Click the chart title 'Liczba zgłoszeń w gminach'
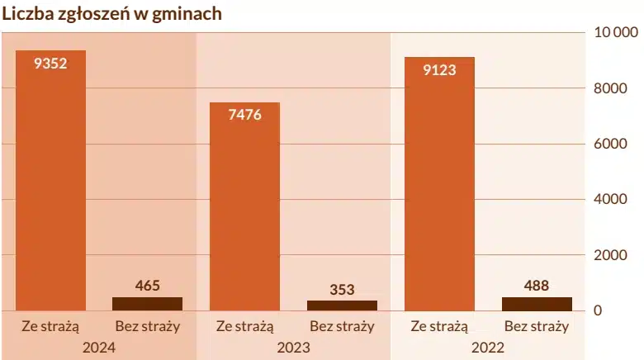point(111,14)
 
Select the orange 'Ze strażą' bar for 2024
point(50,190)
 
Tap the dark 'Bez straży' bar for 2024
point(147,304)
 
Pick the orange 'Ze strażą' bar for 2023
point(244,215)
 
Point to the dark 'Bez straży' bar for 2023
point(342,306)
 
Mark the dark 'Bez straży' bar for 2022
point(537,304)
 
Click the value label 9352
point(50,63)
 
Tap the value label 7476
point(244,115)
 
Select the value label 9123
point(439,69)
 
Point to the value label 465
point(147,286)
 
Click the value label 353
point(342,289)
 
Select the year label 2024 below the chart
point(99,347)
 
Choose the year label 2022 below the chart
point(488,347)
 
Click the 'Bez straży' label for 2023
point(342,326)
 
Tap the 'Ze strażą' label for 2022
point(439,326)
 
